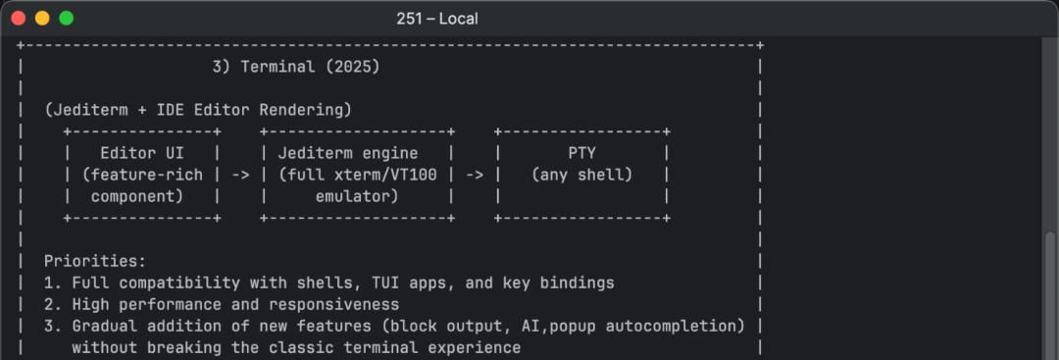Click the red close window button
click(x=19, y=19)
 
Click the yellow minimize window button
click(x=42, y=19)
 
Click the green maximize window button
click(x=66, y=19)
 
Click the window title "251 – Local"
click(x=437, y=19)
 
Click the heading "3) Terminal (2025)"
click(x=295, y=67)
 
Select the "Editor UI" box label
click(x=141, y=153)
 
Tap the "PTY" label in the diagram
click(x=581, y=153)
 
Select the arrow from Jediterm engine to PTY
click(x=474, y=175)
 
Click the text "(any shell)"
click(x=581, y=175)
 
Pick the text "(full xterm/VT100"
click(x=357, y=175)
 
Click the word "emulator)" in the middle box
click(x=357, y=196)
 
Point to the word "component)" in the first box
click(x=137, y=196)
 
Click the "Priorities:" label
click(x=95, y=261)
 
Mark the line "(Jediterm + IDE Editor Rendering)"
click(x=198, y=110)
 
